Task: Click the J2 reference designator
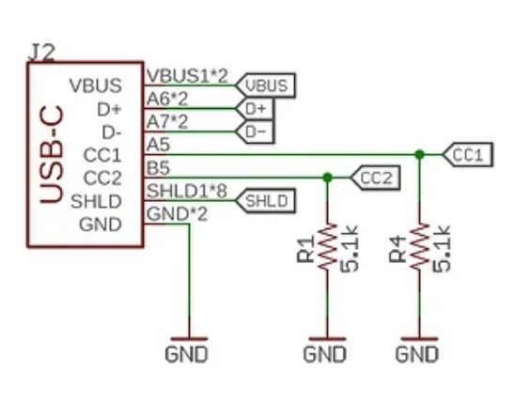(x=41, y=53)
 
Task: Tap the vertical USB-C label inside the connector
(x=52, y=154)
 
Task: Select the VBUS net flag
(x=265, y=85)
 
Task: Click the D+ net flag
(x=255, y=109)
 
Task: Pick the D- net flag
(x=255, y=132)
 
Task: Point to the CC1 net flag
(x=468, y=155)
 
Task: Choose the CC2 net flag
(x=375, y=178)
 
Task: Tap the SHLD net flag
(x=265, y=201)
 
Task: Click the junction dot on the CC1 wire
(x=419, y=154)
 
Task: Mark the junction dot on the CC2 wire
(x=327, y=178)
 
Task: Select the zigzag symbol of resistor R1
(x=327, y=247)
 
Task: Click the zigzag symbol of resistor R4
(x=419, y=247)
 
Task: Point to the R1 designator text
(x=305, y=250)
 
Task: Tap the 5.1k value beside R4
(x=442, y=249)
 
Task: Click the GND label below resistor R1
(x=324, y=354)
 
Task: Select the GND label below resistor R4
(x=417, y=354)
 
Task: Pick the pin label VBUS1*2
(x=187, y=76)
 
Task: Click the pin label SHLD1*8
(x=187, y=191)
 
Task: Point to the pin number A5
(x=158, y=145)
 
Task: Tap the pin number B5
(x=158, y=168)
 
